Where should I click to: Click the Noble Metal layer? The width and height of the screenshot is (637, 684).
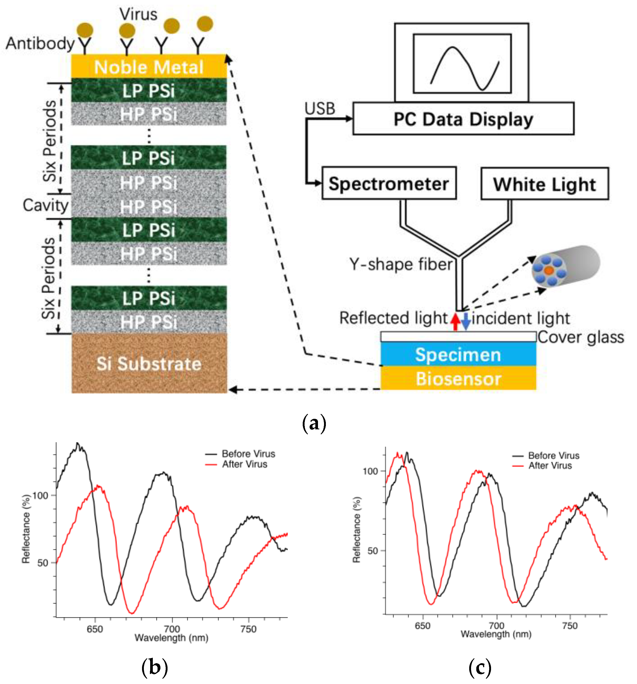tap(149, 66)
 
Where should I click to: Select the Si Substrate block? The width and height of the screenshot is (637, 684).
tap(149, 363)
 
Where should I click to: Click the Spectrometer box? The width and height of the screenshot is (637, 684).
tap(389, 183)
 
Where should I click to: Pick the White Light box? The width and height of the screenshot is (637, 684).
tap(544, 184)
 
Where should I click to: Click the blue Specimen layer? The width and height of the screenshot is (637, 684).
tap(458, 354)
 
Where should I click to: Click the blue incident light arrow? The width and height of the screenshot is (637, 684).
tap(466, 321)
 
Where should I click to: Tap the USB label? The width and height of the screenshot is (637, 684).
tap(320, 109)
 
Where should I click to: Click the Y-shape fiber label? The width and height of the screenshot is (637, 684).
tap(401, 264)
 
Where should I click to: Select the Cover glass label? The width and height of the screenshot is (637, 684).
tap(581, 337)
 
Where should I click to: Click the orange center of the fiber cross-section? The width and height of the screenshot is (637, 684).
tap(549, 270)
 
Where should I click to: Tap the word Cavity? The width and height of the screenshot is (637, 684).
tap(45, 205)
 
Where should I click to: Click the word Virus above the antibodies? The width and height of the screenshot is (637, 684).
tap(138, 14)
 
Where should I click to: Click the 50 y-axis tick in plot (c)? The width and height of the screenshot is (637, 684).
tap(372, 551)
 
